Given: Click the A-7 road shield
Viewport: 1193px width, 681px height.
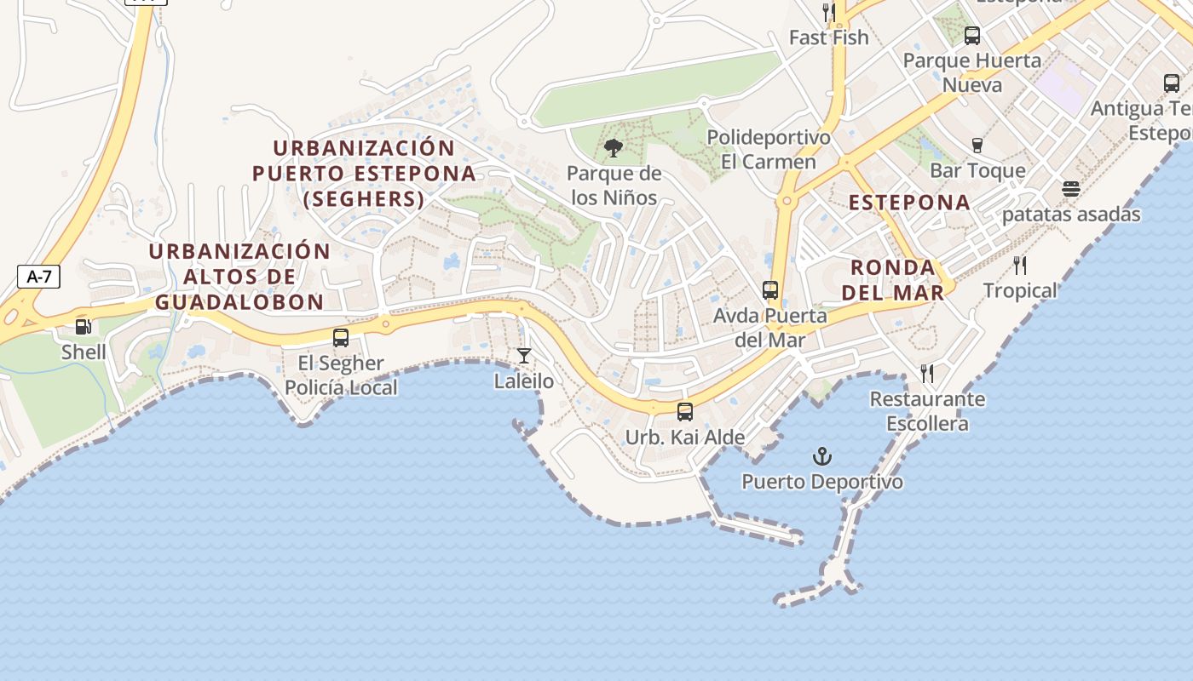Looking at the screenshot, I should click(x=38, y=276).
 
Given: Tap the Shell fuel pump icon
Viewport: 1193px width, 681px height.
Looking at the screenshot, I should click(x=84, y=326).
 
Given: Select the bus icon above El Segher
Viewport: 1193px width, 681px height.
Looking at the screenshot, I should click(x=341, y=337).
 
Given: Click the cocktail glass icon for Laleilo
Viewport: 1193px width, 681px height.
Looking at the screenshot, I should click(x=524, y=356).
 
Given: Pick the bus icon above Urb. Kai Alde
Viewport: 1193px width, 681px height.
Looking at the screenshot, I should click(x=685, y=412).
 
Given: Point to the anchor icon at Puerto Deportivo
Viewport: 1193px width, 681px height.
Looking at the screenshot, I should click(x=821, y=456).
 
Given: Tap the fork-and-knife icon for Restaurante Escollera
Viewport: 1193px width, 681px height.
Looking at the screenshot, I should click(x=927, y=374).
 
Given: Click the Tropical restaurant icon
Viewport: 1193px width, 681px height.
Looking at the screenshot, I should click(x=1020, y=266).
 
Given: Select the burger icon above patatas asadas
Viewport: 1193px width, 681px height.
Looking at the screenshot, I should click(x=1071, y=189).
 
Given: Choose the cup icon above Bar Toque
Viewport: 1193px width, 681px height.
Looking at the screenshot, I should click(x=977, y=146).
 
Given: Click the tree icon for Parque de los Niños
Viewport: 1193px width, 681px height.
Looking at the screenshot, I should click(x=613, y=149).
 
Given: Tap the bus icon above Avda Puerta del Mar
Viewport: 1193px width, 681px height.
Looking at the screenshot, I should click(x=770, y=290).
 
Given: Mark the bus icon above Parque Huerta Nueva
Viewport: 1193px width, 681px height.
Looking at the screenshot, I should click(x=972, y=36).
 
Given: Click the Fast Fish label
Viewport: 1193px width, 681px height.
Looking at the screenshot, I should click(x=828, y=37).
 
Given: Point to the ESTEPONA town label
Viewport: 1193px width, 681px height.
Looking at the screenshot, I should click(x=909, y=203).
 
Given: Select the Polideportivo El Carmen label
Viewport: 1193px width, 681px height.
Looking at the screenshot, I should click(x=768, y=149).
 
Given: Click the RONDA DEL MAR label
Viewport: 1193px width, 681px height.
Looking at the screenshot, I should click(x=892, y=280).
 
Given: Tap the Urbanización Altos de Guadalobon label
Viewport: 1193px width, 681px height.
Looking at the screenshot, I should click(x=239, y=277).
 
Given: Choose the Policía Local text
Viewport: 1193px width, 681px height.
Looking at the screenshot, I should click(x=341, y=387).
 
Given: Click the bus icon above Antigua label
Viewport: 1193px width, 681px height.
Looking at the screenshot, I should click(x=1172, y=83).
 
